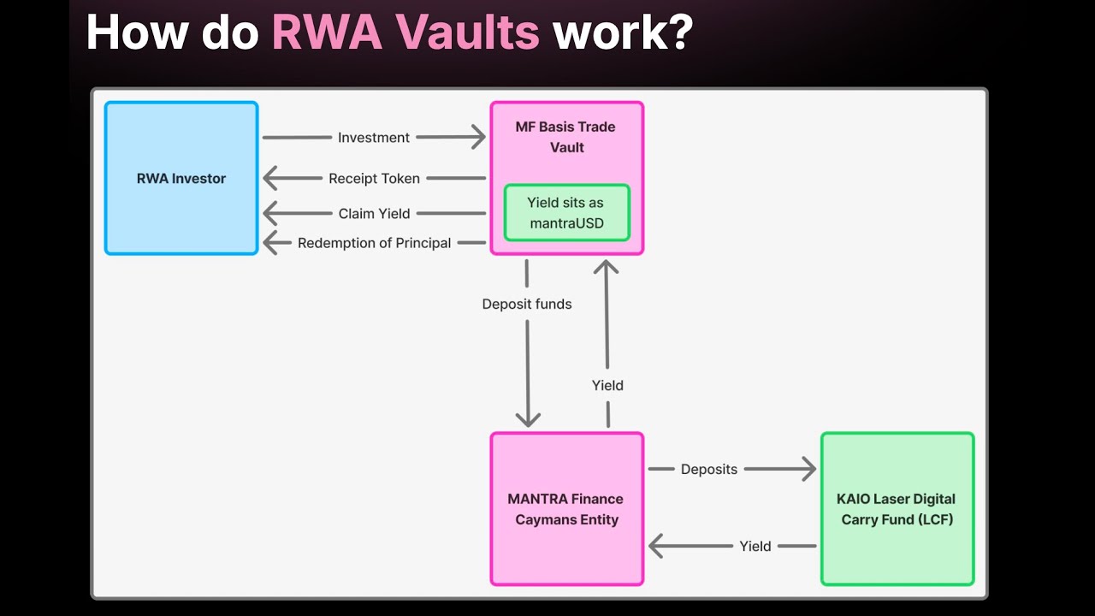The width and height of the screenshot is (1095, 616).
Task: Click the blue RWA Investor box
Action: (181, 178)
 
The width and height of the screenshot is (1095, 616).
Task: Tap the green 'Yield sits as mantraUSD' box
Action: (567, 213)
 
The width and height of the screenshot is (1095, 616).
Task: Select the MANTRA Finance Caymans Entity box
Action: (567, 508)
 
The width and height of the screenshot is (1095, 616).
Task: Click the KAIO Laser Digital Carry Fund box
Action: (897, 508)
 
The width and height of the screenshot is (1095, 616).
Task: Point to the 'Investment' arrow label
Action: (374, 138)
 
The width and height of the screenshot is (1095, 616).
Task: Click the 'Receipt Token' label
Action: (374, 179)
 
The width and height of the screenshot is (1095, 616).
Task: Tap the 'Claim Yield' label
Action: (374, 214)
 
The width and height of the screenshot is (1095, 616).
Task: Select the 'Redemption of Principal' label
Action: (374, 243)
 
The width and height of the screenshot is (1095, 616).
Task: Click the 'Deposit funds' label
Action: (527, 304)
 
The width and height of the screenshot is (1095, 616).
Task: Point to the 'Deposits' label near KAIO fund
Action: (709, 470)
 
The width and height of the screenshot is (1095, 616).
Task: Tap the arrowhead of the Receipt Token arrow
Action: (270, 178)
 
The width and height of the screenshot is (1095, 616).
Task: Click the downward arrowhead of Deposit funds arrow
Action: (528, 420)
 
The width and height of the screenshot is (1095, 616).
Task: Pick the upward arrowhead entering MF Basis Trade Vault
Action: (607, 267)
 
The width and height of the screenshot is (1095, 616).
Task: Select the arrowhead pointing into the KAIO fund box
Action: (809, 469)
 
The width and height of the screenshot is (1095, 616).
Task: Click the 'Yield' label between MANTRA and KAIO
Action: (755, 546)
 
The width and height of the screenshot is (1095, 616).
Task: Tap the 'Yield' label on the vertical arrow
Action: (607, 385)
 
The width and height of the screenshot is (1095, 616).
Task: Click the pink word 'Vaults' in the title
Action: (467, 33)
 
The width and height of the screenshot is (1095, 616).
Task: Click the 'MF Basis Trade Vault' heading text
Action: (566, 137)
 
